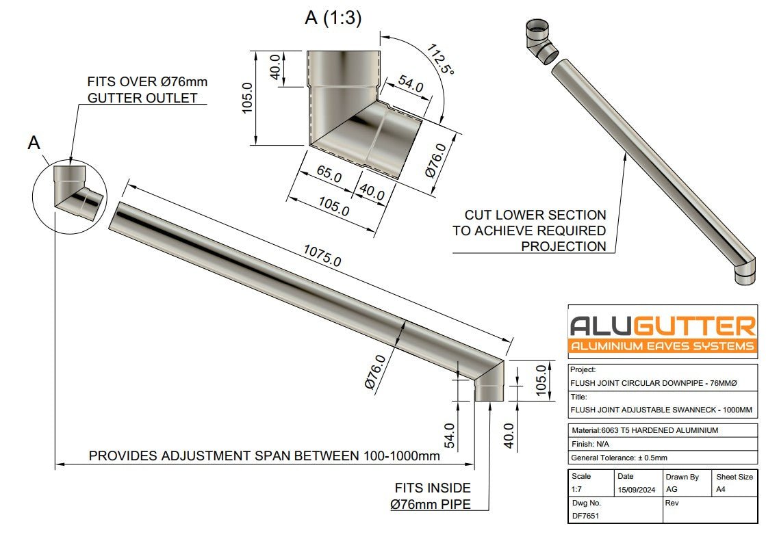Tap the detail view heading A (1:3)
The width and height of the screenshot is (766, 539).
pyautogui.click(x=333, y=18)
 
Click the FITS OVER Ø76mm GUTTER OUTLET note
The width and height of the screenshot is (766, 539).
pyautogui.click(x=146, y=90)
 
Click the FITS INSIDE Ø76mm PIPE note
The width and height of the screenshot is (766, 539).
pyautogui.click(x=431, y=497)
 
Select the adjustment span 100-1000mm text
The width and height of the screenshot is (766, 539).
pyautogui.click(x=264, y=456)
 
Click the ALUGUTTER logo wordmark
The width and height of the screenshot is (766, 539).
pyautogui.click(x=663, y=325)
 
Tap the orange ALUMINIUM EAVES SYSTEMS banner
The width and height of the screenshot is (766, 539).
pyautogui.click(x=663, y=346)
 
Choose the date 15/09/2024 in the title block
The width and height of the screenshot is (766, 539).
pyautogui.click(x=636, y=490)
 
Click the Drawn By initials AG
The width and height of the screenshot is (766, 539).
pyautogui.click(x=672, y=490)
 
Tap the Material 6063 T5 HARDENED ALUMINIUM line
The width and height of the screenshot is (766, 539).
pyautogui.click(x=644, y=430)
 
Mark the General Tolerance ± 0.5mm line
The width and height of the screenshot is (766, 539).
pyautogui.click(x=619, y=458)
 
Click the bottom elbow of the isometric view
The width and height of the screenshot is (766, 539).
pyautogui.click(x=746, y=267)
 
